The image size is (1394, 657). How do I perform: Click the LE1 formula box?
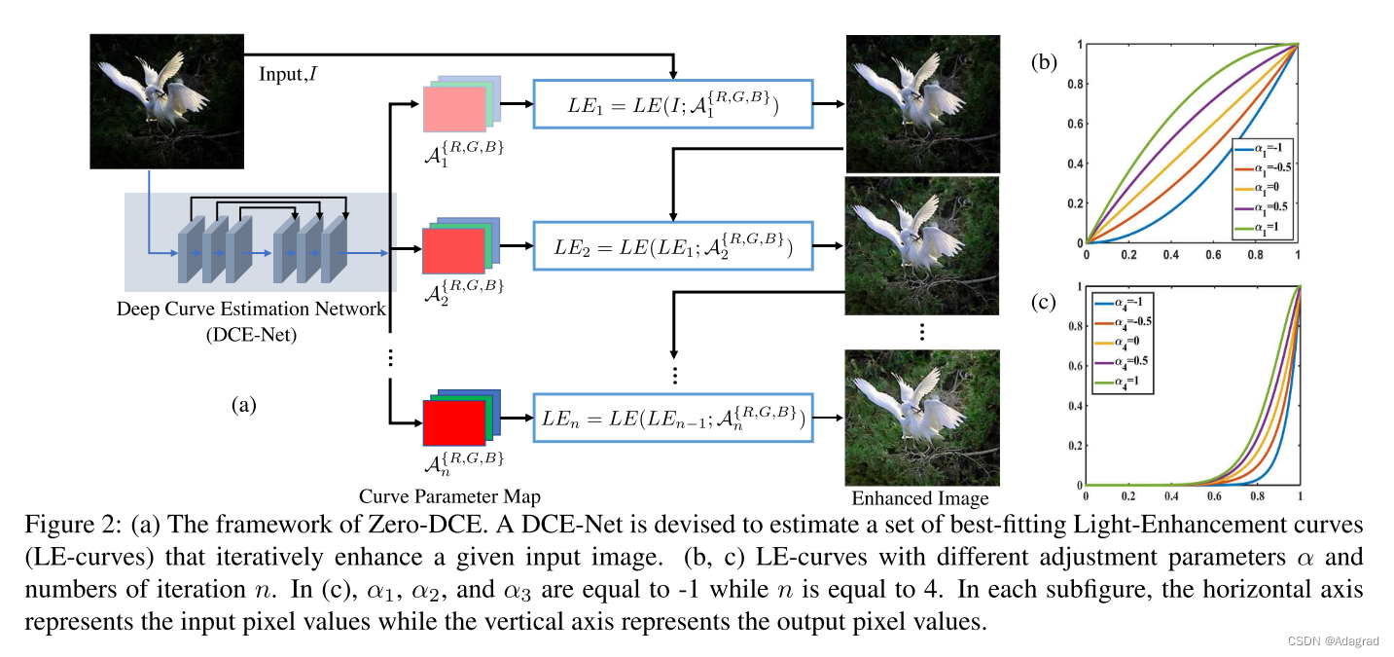671,103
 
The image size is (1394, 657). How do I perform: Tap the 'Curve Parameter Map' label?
449,494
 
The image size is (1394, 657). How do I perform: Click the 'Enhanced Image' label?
919,498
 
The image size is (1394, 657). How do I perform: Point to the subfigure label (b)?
1046,63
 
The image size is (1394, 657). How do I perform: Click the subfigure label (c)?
1046,303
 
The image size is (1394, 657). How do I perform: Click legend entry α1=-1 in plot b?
1262,148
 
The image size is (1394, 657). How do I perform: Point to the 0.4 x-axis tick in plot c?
1170,497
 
